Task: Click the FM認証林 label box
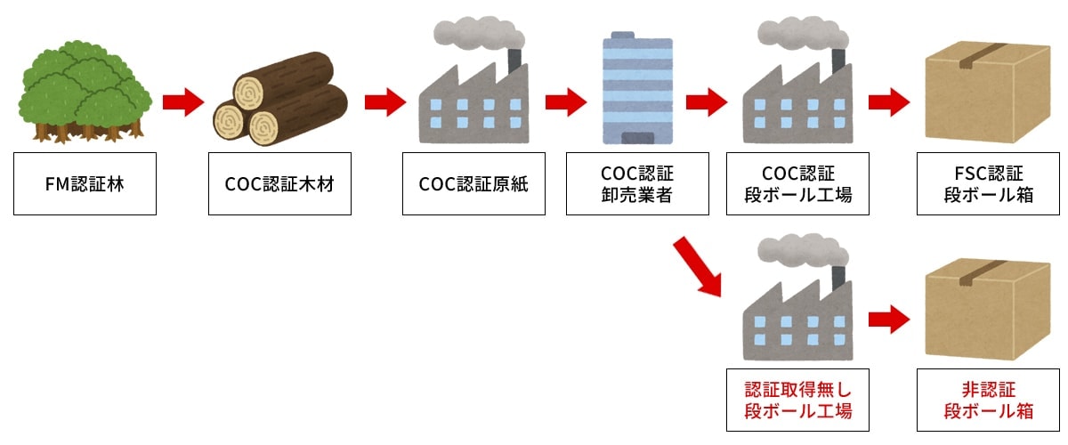pyautogui.click(x=85, y=183)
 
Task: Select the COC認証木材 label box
pyautogui.click(x=279, y=183)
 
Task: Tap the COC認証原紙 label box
pyautogui.click(x=473, y=183)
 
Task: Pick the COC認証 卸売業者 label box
pyautogui.click(x=637, y=183)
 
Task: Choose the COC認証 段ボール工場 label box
pyautogui.click(x=798, y=183)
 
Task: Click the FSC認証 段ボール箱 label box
pyautogui.click(x=989, y=183)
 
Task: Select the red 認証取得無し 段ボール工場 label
pyautogui.click(x=798, y=400)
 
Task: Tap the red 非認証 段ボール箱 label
pyautogui.click(x=989, y=400)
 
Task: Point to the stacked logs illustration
pyautogui.click(x=279, y=98)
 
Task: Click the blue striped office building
pyautogui.click(x=637, y=89)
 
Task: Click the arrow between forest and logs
pyautogui.click(x=182, y=102)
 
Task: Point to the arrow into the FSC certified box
pyautogui.click(x=887, y=102)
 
